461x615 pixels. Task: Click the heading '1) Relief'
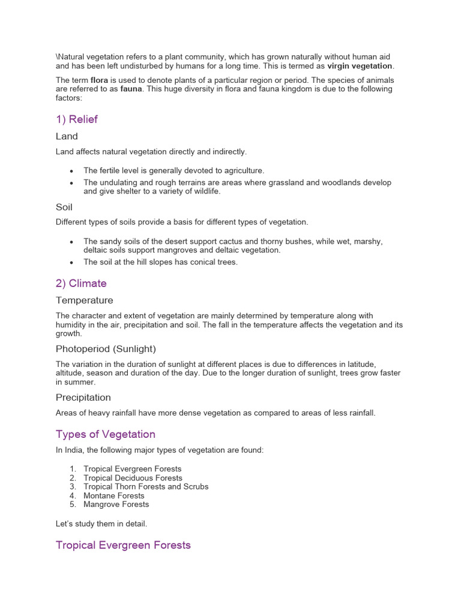point(77,119)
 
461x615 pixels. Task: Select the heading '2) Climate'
point(81,283)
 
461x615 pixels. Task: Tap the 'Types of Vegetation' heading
point(106,434)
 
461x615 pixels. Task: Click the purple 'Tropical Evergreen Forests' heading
point(123,545)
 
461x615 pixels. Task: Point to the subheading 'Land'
point(67,136)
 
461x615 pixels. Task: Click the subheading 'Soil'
point(64,207)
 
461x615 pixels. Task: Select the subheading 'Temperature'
point(85,300)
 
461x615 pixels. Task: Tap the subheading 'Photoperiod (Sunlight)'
point(106,348)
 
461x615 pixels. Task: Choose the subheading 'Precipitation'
point(83,397)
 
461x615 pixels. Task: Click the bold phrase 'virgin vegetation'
point(359,65)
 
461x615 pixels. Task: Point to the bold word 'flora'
point(99,80)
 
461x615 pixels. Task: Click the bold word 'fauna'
point(131,89)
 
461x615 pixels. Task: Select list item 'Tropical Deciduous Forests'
point(133,477)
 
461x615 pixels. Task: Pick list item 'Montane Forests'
point(114,495)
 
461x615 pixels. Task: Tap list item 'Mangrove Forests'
point(116,504)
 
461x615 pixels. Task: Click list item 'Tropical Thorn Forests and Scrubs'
point(146,486)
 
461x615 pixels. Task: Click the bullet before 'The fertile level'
point(71,171)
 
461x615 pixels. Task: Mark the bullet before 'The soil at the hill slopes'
point(71,262)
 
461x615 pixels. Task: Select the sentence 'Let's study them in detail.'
point(101,524)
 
